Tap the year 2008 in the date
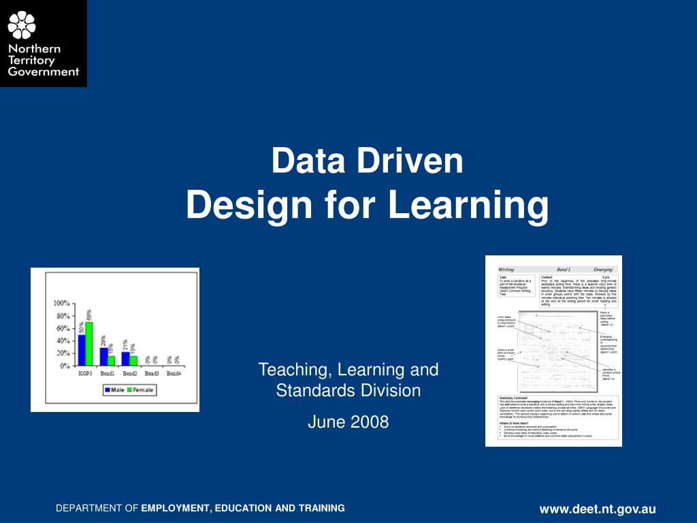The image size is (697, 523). click(368, 422)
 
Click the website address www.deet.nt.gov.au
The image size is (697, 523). click(598, 509)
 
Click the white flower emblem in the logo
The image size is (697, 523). click(21, 25)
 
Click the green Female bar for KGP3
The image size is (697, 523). click(89, 343)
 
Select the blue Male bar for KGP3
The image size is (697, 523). click(82, 349)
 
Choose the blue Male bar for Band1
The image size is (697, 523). click(103, 356)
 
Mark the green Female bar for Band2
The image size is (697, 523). click(133, 360)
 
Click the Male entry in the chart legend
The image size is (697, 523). click(114, 390)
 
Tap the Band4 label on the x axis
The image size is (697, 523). click(174, 374)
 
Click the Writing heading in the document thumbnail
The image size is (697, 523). click(506, 270)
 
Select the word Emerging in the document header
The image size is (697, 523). click(603, 270)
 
